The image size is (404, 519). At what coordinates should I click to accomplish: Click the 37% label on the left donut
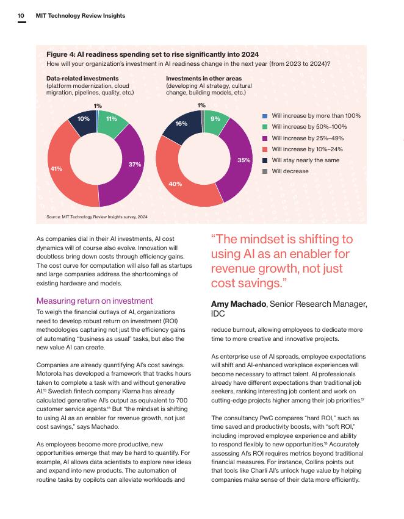click(135, 164)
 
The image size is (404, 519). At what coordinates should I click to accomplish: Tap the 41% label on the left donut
click(56, 168)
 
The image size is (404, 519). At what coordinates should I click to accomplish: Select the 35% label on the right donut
click(244, 160)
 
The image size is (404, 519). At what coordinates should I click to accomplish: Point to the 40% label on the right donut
click(175, 183)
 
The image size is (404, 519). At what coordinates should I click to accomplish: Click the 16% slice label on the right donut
click(181, 123)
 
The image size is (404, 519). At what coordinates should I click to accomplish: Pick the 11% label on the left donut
click(112, 118)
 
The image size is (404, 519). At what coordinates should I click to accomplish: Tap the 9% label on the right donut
click(215, 118)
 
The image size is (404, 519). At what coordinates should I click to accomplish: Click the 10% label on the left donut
click(84, 118)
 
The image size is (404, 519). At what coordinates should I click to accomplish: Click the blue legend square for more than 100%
click(265, 116)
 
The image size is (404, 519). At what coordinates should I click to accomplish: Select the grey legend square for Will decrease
click(265, 171)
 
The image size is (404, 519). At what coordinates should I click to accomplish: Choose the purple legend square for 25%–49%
click(265, 138)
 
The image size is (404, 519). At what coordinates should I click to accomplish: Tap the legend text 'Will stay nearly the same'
click(305, 160)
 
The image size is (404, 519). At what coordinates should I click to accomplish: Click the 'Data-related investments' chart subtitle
click(82, 79)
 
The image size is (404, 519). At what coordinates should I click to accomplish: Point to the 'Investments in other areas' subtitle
click(204, 79)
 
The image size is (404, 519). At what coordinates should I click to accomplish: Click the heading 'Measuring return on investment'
click(95, 301)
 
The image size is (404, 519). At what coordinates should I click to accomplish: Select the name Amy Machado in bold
click(238, 304)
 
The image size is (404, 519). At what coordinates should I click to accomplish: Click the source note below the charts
click(96, 217)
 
